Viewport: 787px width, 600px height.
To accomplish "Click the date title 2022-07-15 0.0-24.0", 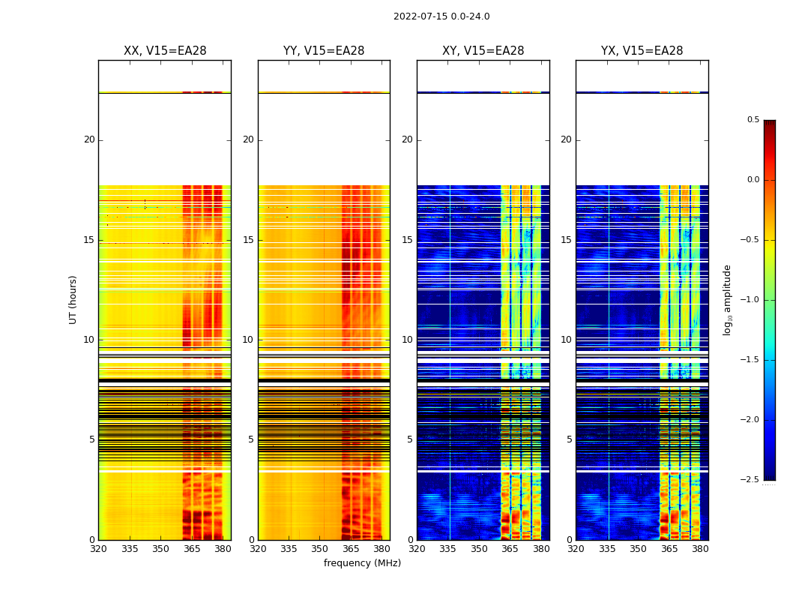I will pyautogui.click(x=441, y=16).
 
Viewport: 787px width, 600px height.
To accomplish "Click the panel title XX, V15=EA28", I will pyautogui.click(x=165, y=51).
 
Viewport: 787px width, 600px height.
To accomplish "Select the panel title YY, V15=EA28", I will pyautogui.click(x=324, y=51).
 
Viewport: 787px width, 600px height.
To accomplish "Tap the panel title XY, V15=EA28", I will pyautogui.click(x=483, y=51).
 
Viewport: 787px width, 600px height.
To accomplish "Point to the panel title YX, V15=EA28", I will pyautogui.click(x=642, y=51).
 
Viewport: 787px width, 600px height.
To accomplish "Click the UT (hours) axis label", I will pyautogui.click(x=73, y=299).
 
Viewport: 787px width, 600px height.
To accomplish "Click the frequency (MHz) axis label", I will pyautogui.click(x=362, y=563).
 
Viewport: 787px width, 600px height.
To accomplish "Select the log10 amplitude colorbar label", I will pyautogui.click(x=727, y=299).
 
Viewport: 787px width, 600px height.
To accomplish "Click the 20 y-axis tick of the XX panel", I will pyautogui.click(x=89, y=139).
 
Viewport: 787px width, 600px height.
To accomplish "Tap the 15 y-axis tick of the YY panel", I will pyautogui.click(x=248, y=240).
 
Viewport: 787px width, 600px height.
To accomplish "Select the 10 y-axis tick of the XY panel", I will pyautogui.click(x=407, y=340).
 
